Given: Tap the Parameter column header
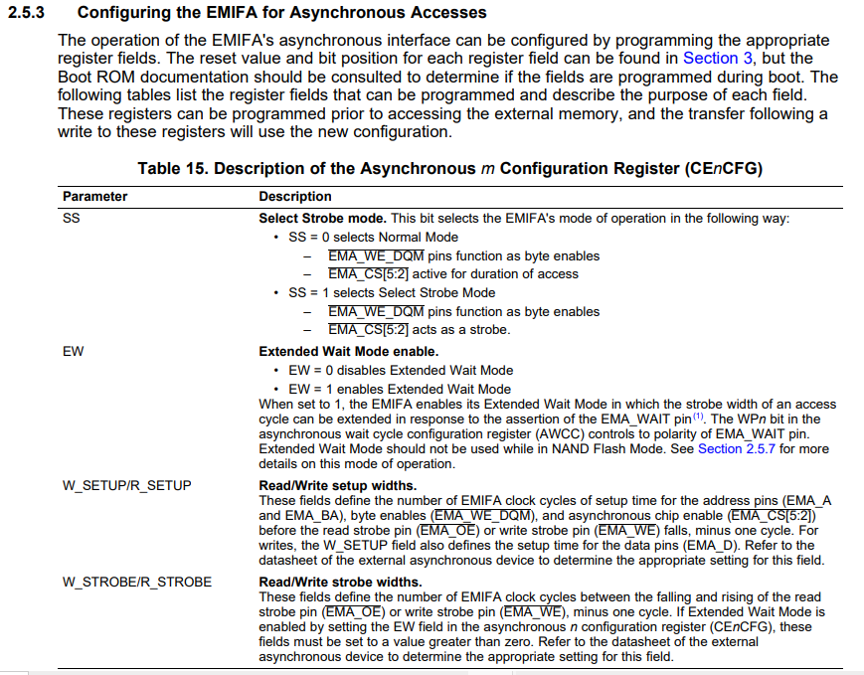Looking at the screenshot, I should [94, 196].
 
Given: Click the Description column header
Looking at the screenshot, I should [295, 196].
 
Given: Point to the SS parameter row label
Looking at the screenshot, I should [71, 218].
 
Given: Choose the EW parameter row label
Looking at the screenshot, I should [73, 351].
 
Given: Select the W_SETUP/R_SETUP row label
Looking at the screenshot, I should [126, 485].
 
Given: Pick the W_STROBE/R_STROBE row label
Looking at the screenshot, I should [136, 581].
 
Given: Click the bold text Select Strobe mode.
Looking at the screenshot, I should [323, 218].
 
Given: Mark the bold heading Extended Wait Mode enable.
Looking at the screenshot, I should [348, 351].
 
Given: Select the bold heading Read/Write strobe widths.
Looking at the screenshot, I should [340, 581].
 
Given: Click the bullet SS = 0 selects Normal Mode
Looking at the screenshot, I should [373, 237].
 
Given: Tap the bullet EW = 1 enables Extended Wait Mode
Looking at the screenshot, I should [400, 389].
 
